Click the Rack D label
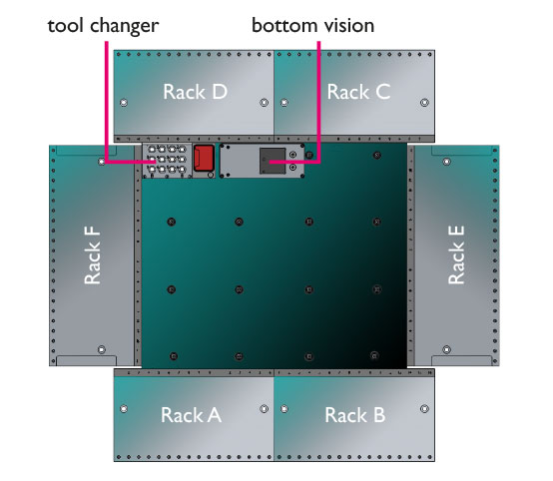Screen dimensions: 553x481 195,92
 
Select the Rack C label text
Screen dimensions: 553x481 358,92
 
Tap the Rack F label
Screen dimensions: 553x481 93,255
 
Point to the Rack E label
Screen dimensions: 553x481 456,255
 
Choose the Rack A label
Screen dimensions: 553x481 191,415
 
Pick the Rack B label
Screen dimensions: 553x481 354,415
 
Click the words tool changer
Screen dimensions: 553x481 103,26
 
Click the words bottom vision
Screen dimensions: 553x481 312,25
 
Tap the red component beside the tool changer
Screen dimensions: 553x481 204,158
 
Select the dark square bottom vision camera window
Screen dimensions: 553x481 273,161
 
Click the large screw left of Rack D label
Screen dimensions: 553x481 124,103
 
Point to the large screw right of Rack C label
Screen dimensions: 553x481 424,103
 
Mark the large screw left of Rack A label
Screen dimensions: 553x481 124,409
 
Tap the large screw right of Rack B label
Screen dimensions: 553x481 424,409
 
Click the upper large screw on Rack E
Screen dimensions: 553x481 446,162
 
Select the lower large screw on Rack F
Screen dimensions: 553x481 102,350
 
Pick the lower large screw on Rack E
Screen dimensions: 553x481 446,350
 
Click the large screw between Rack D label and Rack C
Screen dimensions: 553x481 264,103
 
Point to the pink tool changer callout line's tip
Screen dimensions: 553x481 156,163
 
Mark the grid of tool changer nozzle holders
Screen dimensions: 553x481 167,160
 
